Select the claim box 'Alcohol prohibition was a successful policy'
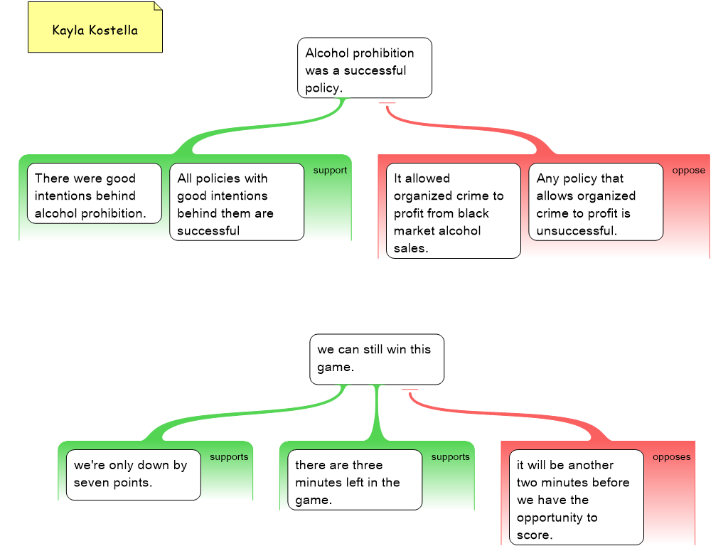coord(364,68)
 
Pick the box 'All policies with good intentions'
coord(236,202)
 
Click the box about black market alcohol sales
coord(453,210)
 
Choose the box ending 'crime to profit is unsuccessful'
coord(595,202)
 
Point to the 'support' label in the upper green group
coord(330,171)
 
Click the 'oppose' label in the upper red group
coord(688,171)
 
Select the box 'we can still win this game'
coord(376,359)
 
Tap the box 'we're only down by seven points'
coord(133,474)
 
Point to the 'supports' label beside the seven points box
coord(229,457)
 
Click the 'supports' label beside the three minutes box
coord(450,457)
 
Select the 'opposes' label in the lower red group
coord(671,457)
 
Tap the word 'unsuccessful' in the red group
coord(577,231)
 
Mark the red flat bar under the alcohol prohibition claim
coord(387,103)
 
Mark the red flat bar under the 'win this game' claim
coord(409,390)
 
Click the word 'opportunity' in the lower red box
coord(557,518)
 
